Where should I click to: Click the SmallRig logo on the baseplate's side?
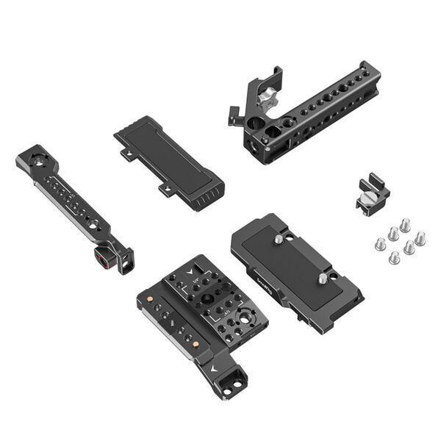(x=264, y=276)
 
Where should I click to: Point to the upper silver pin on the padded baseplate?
(x=279, y=238)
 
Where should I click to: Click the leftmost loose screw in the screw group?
(x=381, y=243)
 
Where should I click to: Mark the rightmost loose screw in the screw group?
(x=420, y=237)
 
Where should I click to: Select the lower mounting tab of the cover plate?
(x=166, y=189)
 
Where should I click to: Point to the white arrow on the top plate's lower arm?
(x=215, y=365)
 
